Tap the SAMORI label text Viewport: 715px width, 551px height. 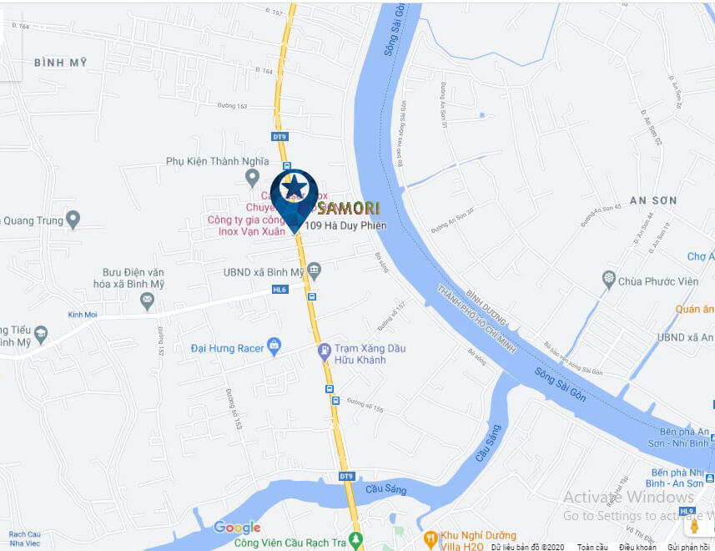coord(349,208)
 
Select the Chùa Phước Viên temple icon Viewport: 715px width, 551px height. coord(609,281)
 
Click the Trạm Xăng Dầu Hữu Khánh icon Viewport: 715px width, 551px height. coord(325,352)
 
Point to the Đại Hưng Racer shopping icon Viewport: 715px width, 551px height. coord(274,348)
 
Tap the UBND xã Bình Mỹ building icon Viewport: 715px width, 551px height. coord(314,270)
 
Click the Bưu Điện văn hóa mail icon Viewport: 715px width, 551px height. coord(148,300)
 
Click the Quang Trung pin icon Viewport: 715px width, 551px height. coord(73,220)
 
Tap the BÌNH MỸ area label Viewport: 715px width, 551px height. coord(61,63)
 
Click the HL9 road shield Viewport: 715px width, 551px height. coord(687,510)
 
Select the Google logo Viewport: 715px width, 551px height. coord(237,527)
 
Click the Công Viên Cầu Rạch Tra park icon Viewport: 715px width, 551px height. coord(356,541)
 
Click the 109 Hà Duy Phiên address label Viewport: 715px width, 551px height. coord(345,226)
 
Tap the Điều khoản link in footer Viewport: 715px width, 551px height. coord(637,547)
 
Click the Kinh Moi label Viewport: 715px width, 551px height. coord(83,315)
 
